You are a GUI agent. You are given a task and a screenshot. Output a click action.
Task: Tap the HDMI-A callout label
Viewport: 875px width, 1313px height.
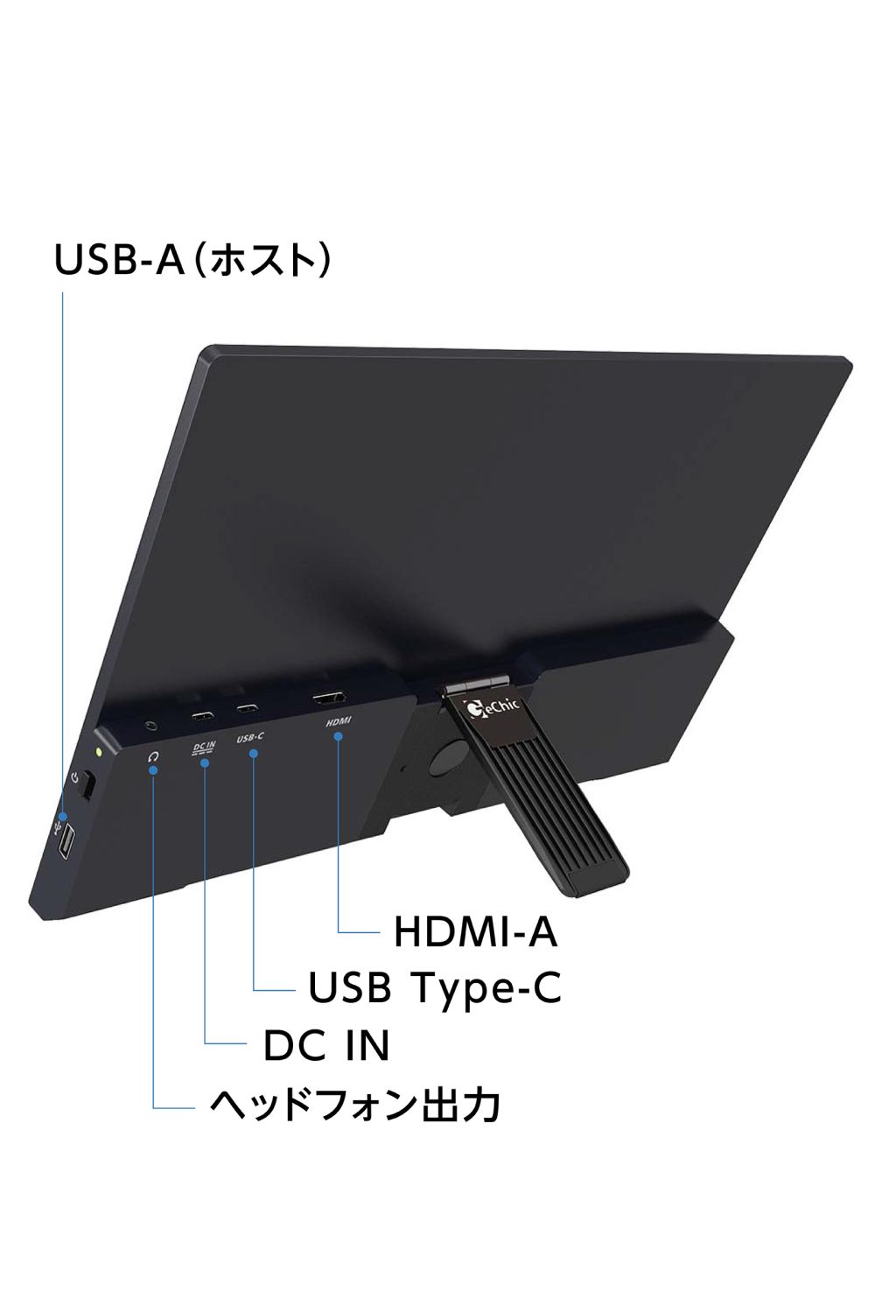click(x=475, y=931)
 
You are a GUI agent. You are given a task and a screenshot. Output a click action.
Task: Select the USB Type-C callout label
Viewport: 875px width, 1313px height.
click(x=434, y=987)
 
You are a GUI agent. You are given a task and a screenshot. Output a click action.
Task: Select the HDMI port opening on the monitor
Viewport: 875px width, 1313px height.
click(x=329, y=699)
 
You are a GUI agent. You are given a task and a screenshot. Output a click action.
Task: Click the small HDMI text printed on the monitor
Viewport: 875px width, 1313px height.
click(x=338, y=721)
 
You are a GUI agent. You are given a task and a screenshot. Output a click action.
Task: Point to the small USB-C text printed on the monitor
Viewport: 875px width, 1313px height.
click(x=250, y=737)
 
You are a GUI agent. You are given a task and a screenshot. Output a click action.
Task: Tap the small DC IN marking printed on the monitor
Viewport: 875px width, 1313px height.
click(x=204, y=748)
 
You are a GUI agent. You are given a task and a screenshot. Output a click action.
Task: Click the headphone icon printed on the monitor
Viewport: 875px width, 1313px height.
click(x=153, y=757)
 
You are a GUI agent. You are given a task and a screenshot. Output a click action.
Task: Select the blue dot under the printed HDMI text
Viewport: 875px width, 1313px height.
click(x=338, y=736)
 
